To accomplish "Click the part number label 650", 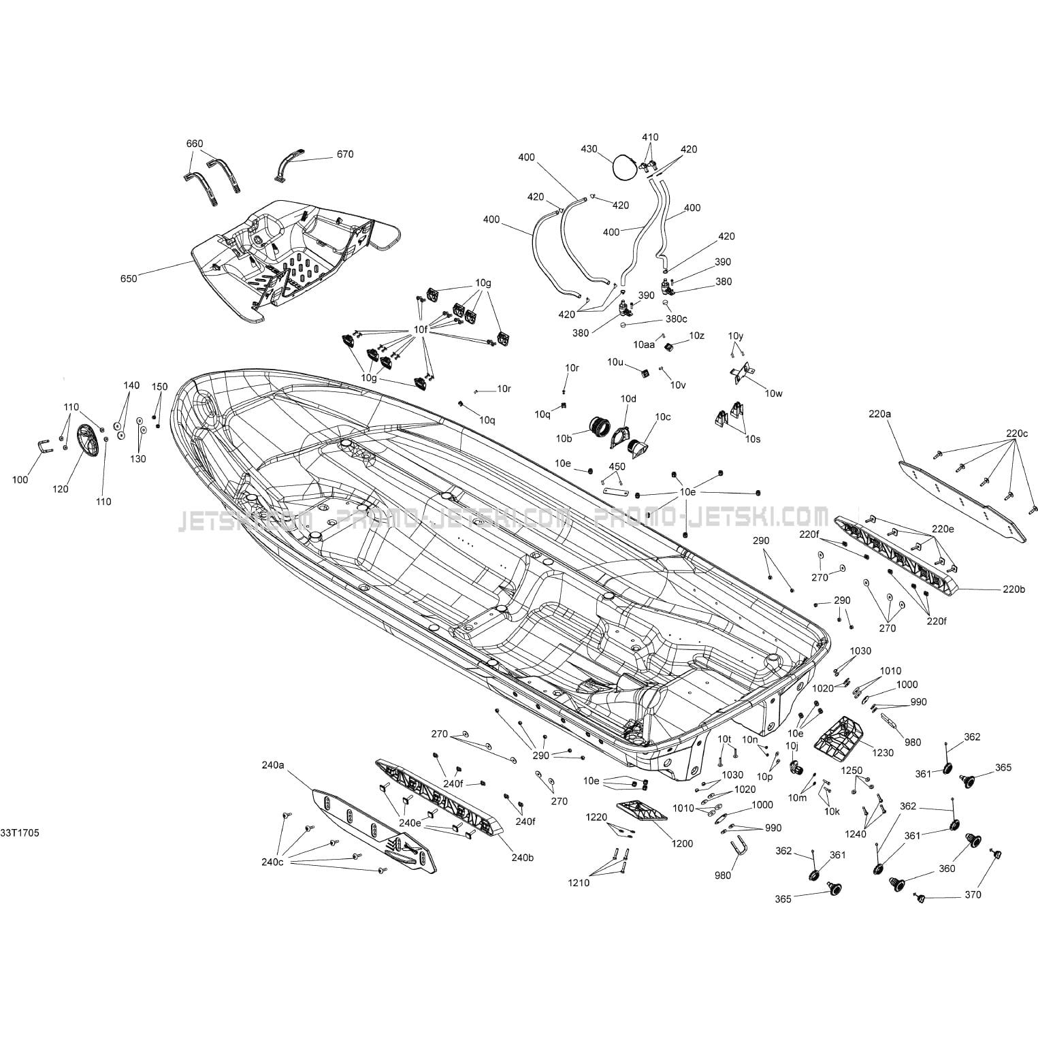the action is pyautogui.click(x=129, y=278).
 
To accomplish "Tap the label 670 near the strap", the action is pyautogui.click(x=345, y=155).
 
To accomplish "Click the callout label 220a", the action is pyautogui.click(x=879, y=413).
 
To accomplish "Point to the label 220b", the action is pyautogui.click(x=1013, y=589).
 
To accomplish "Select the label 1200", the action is pyautogui.click(x=682, y=843).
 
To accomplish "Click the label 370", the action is pyautogui.click(x=973, y=894).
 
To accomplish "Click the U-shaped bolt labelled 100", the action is pyautogui.click(x=42, y=450).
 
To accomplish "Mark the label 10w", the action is pyautogui.click(x=774, y=393).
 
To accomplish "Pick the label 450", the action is pyautogui.click(x=617, y=466).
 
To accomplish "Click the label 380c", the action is pyautogui.click(x=676, y=319).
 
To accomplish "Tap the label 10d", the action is pyautogui.click(x=628, y=398).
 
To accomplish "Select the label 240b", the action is pyautogui.click(x=522, y=858).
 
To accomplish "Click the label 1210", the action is pyautogui.click(x=579, y=883).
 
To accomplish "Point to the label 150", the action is pyautogui.click(x=159, y=387).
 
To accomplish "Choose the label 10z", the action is pyautogui.click(x=696, y=336).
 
